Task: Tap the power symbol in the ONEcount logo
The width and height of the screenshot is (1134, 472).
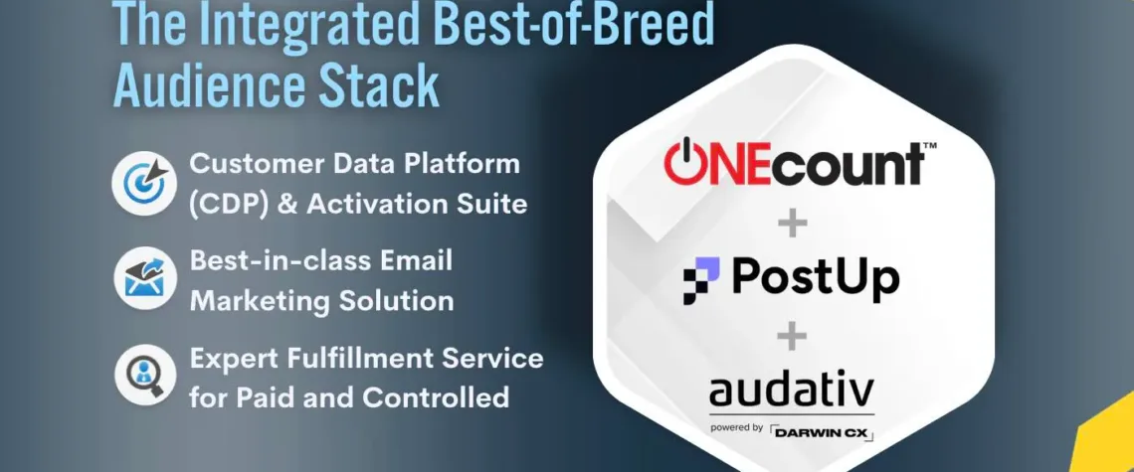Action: coord(686,164)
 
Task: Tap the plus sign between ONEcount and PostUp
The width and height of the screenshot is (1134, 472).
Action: coord(792,224)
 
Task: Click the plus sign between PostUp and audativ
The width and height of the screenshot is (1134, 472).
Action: coord(792,337)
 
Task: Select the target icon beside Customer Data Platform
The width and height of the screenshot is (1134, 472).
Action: coord(144,183)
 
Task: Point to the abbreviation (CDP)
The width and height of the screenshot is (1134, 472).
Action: coord(236,205)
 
